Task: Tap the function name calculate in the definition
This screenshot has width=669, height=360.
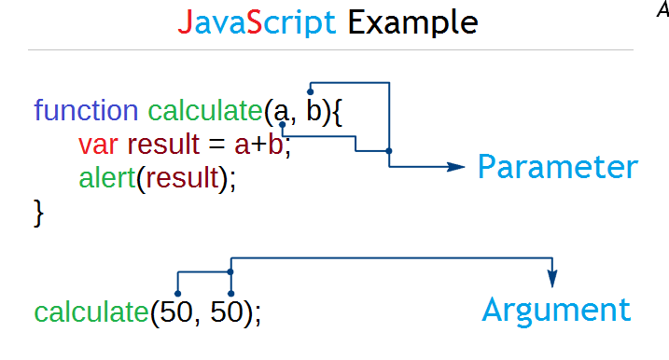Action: pyautogui.click(x=204, y=112)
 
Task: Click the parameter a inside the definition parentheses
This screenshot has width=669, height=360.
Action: pyautogui.click(x=281, y=113)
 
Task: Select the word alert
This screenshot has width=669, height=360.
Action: pyautogui.click(x=106, y=177)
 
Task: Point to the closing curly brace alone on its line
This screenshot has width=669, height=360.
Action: pyautogui.click(x=39, y=212)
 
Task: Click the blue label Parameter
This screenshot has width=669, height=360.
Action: pyautogui.click(x=558, y=168)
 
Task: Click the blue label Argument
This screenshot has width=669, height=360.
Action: pyautogui.click(x=556, y=310)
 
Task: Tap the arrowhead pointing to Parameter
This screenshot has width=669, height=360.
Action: pyautogui.click(x=456, y=167)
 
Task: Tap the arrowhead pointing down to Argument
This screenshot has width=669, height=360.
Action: pyautogui.click(x=552, y=280)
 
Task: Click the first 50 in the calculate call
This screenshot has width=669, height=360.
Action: pyautogui.click(x=177, y=312)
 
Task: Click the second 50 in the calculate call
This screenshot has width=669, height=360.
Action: pyautogui.click(x=229, y=312)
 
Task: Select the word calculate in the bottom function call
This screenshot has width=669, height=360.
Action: pyautogui.click(x=91, y=313)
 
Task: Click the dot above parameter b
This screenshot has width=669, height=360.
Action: pyautogui.click(x=310, y=91)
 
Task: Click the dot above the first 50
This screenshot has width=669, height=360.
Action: pyautogui.click(x=177, y=293)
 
